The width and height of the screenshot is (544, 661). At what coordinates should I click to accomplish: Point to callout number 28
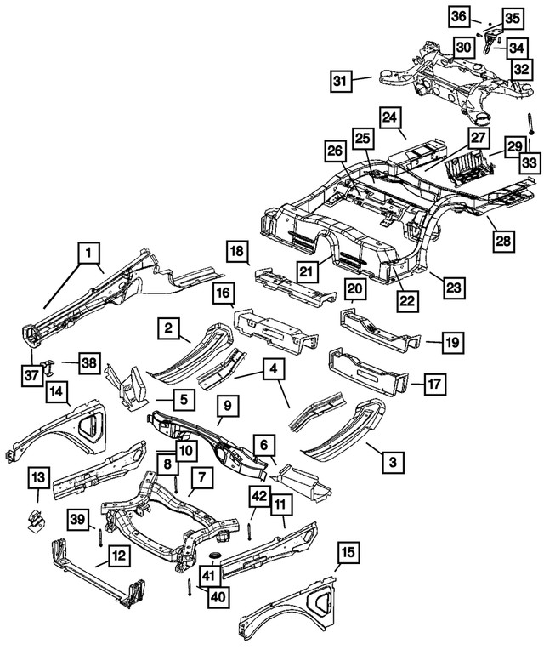[x=503, y=242]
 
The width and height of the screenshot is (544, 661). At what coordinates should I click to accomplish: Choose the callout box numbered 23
[x=455, y=288]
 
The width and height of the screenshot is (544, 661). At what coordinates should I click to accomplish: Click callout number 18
[x=239, y=252]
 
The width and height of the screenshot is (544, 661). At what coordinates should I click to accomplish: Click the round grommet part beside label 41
[x=212, y=557]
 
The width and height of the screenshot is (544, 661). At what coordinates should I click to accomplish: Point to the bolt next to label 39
[x=101, y=538]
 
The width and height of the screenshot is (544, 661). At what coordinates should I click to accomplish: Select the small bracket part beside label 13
[x=36, y=517]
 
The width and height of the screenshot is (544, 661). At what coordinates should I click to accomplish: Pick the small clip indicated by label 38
[x=49, y=366]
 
